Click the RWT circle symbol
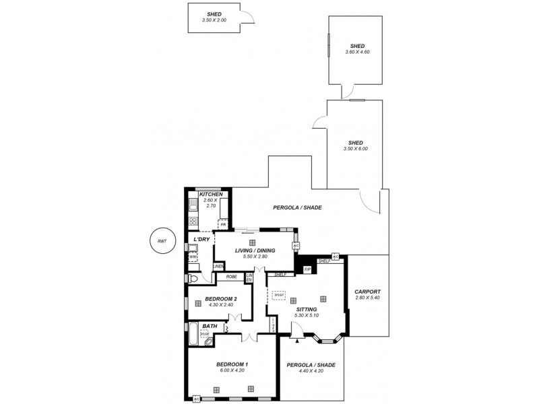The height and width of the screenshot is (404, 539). (x=161, y=240)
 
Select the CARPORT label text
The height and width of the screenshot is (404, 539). (x=367, y=292)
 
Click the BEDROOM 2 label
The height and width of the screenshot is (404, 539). (x=221, y=298)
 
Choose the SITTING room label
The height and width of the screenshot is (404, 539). (x=307, y=309)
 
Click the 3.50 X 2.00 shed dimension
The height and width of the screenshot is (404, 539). (x=214, y=20)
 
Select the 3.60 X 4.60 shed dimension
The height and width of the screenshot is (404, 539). (x=357, y=52)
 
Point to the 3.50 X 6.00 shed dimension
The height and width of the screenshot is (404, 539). (x=356, y=149)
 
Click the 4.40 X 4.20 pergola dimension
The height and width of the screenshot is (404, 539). (x=311, y=371)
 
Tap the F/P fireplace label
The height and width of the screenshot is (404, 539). (x=307, y=269)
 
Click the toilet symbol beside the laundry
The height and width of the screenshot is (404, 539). (x=192, y=278)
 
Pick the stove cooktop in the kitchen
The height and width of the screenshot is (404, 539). (x=193, y=221)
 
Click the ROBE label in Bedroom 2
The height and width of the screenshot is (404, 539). (x=230, y=276)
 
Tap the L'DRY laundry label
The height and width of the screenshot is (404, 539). (x=201, y=240)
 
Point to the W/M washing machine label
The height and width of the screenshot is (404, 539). (x=193, y=257)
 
